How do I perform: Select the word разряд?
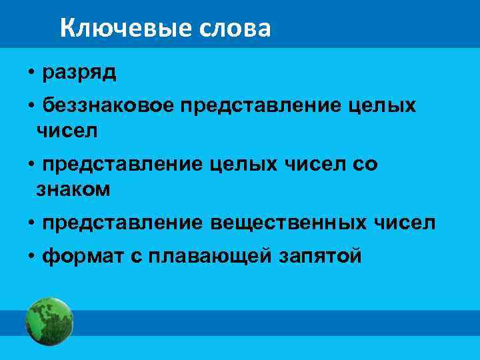pyautogui.click(x=79, y=73)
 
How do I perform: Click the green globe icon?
pyautogui.click(x=49, y=321)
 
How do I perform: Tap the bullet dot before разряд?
pyautogui.click(x=31, y=73)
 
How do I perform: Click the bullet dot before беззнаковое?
pyautogui.click(x=31, y=107)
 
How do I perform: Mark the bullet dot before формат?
pyautogui.click(x=31, y=256)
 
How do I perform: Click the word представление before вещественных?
pyautogui.click(x=122, y=223)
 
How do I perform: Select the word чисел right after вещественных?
pyautogui.click(x=407, y=223)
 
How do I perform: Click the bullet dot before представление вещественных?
pyautogui.click(x=31, y=223)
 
